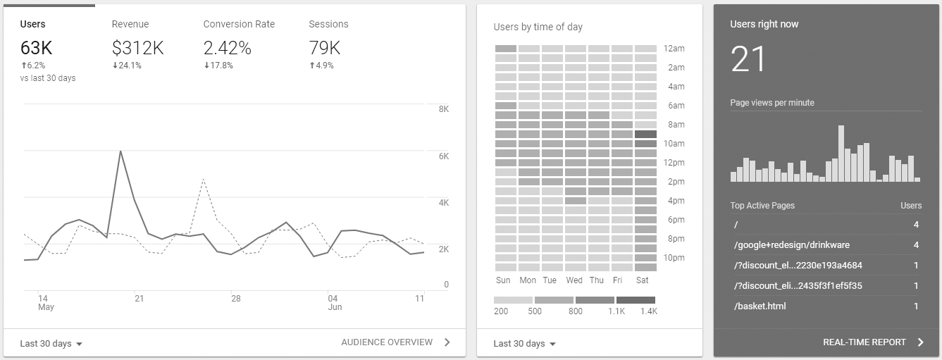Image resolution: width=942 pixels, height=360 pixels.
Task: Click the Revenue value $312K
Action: pyautogui.click(x=137, y=48)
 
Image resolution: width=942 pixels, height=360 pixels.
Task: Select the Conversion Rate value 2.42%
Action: pyautogui.click(x=227, y=48)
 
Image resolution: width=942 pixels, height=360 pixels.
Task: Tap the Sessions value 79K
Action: pyautogui.click(x=324, y=48)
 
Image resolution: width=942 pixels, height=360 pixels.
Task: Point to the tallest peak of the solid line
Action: pyautogui.click(x=120, y=151)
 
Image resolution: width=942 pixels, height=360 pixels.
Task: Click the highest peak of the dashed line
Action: pyautogui.click(x=203, y=179)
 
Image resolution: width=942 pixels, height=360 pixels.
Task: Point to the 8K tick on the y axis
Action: pyautogui.click(x=444, y=109)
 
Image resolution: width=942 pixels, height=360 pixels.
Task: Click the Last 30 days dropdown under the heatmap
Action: pyautogui.click(x=525, y=344)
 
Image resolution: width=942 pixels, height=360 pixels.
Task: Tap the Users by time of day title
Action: pyautogui.click(x=538, y=27)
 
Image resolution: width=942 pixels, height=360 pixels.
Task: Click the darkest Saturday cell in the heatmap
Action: pyautogui.click(x=645, y=134)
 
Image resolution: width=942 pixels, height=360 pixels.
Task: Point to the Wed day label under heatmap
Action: pyautogui.click(x=574, y=280)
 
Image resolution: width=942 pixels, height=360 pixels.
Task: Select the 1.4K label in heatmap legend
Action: pyautogui.click(x=648, y=311)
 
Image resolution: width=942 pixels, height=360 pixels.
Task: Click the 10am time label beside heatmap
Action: pyautogui.click(x=674, y=144)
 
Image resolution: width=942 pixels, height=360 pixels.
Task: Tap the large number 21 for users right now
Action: pyautogui.click(x=748, y=59)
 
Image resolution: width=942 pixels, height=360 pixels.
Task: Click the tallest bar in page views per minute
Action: pyautogui.click(x=841, y=154)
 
